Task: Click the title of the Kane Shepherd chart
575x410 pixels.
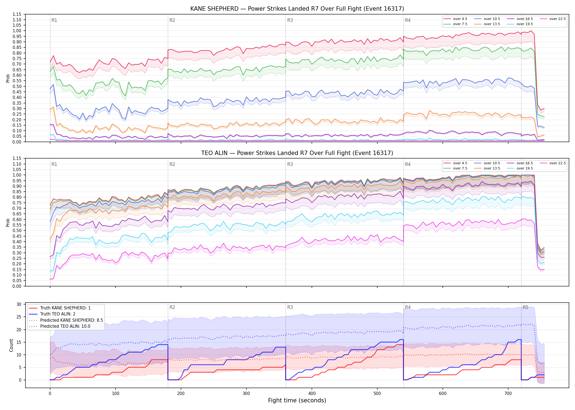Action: point(297,9)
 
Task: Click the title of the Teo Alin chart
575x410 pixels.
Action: point(297,153)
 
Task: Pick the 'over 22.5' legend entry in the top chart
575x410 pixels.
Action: point(553,19)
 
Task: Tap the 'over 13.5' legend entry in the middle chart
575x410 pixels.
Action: point(487,168)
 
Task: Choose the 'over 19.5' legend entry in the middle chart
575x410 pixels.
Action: point(520,168)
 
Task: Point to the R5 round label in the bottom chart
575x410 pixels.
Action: point(525,307)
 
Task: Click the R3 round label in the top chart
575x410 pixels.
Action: point(290,20)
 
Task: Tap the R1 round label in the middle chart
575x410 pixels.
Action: point(54,164)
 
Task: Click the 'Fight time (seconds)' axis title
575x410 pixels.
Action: point(297,400)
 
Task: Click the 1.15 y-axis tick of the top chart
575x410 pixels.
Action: point(17,14)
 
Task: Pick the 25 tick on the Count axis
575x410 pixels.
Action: point(19,317)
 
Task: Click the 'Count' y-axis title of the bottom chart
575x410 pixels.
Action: point(11,345)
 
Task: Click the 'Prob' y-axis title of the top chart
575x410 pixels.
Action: point(8,78)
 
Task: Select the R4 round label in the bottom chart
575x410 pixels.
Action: point(408,307)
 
